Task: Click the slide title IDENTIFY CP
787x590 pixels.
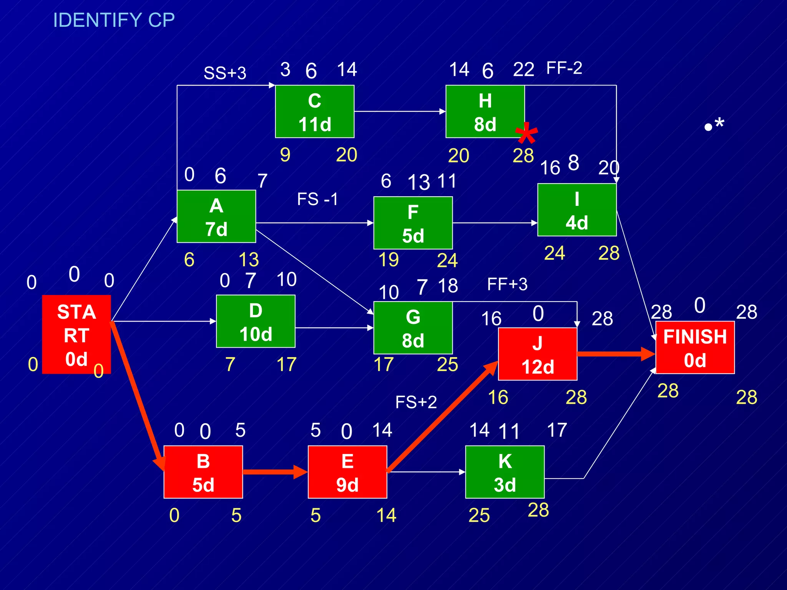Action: [114, 20]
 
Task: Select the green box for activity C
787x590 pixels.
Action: [314, 111]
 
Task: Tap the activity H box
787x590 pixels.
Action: [485, 111]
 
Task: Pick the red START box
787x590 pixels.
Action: [76, 334]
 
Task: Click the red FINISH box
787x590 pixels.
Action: [695, 347]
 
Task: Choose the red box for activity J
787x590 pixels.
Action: [537, 354]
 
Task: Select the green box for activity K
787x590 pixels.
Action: [505, 472]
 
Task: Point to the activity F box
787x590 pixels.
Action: [413, 223]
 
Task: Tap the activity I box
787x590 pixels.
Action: [576, 210]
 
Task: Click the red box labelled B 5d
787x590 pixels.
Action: [203, 472]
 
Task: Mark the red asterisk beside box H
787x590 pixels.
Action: [526, 134]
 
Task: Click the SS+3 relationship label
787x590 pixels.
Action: [225, 73]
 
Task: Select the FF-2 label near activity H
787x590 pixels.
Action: [564, 68]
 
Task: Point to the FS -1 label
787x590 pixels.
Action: [317, 199]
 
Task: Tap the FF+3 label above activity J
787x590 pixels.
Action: [507, 285]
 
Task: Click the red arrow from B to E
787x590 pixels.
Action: [275, 472]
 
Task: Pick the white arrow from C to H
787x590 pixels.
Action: [400, 111]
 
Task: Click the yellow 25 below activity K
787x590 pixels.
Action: [479, 515]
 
